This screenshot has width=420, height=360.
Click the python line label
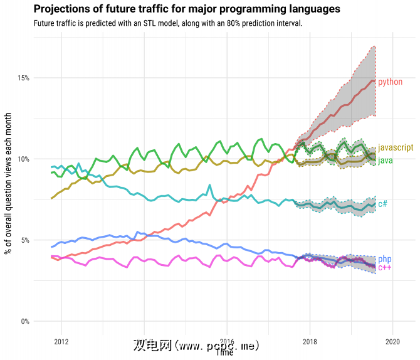tap(390, 82)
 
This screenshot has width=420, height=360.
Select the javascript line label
tap(396, 147)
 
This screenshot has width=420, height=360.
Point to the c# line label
tap(382, 204)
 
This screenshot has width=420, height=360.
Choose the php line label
tap(385, 259)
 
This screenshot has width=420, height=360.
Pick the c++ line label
tap(385, 268)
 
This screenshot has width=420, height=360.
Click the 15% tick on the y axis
tap(24, 78)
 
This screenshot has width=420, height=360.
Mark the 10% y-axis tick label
tap(24, 159)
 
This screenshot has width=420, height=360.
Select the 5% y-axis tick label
tap(25, 240)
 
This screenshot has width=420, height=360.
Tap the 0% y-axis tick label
tap(25, 322)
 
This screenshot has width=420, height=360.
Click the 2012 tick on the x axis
tap(61, 342)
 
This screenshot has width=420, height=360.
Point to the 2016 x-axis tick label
tap(227, 342)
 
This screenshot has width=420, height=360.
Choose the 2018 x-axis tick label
tap(310, 342)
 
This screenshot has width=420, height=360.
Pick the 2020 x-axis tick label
tap(392, 342)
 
